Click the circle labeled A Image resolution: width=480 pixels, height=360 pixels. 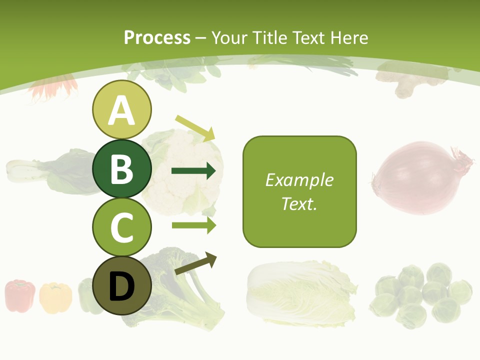tap(121, 109)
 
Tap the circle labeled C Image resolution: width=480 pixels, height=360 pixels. tap(121, 227)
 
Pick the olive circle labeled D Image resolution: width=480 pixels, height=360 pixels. tap(121, 285)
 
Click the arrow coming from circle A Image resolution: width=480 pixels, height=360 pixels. tap(195, 127)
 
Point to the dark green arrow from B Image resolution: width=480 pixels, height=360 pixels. tap(193, 171)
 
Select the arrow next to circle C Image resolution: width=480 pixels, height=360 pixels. tap(193, 225)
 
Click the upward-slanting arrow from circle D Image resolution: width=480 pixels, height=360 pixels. tap(195, 263)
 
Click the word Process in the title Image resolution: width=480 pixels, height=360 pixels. tap(157, 37)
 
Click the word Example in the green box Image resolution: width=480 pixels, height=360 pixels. tap(299, 180)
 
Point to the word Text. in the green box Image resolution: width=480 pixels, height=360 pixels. tap(299, 203)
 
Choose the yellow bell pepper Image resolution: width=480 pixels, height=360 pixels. tap(55, 297)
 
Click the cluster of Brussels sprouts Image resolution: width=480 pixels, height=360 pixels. tap(422, 295)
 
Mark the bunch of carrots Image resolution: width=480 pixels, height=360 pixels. tap(52, 87)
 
